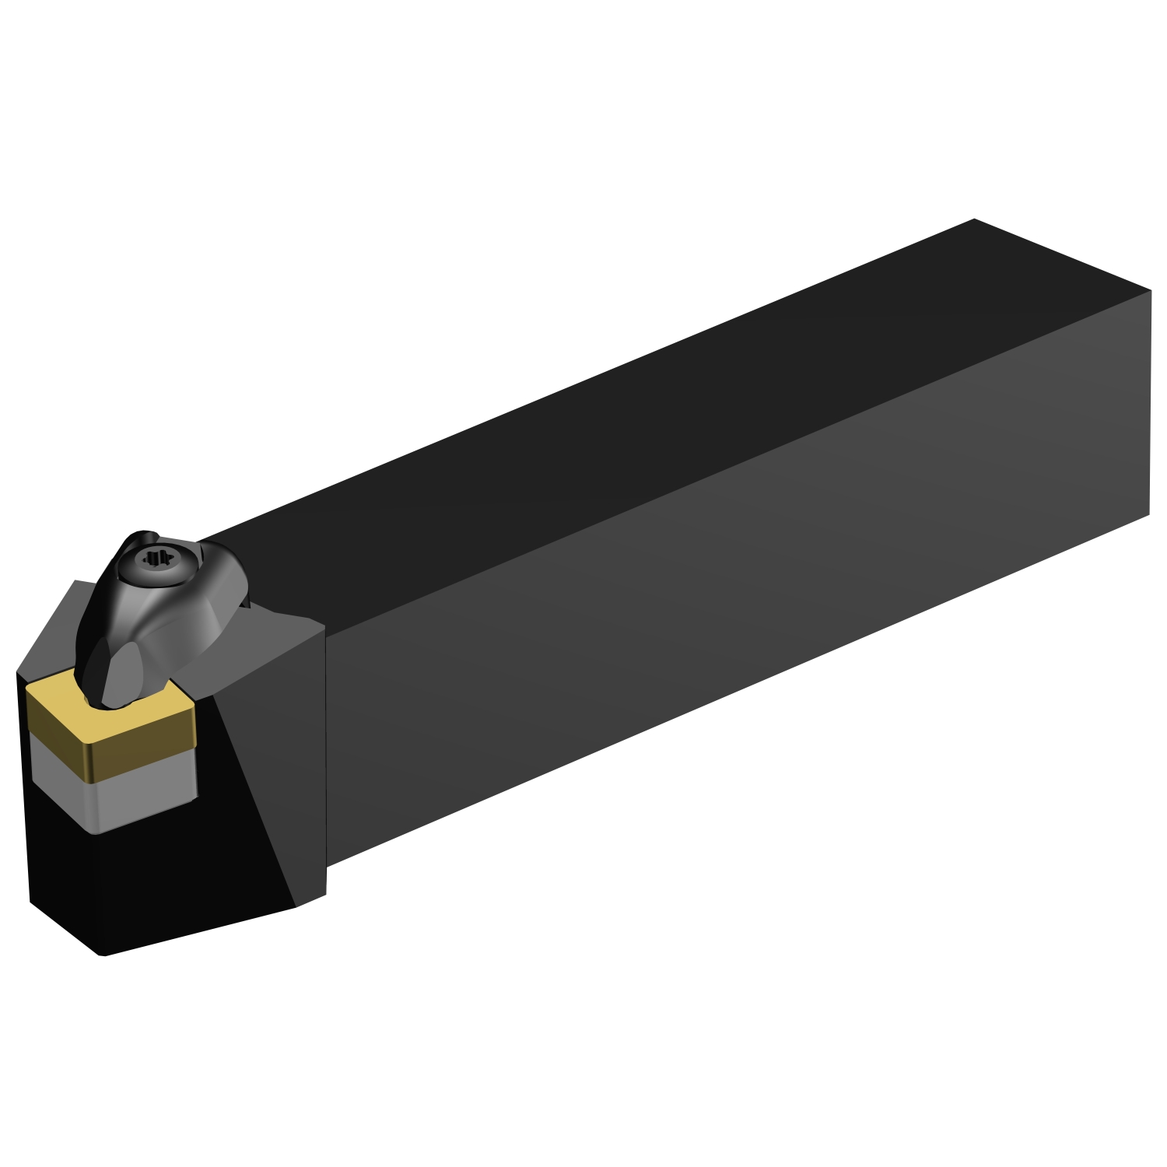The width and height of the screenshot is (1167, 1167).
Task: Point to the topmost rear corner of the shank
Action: tap(974, 220)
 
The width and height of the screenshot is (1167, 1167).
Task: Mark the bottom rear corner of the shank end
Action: tap(1149, 513)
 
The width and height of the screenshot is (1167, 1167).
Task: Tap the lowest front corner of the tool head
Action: tap(103, 955)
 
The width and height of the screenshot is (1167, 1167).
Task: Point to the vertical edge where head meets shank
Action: tap(324, 747)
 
